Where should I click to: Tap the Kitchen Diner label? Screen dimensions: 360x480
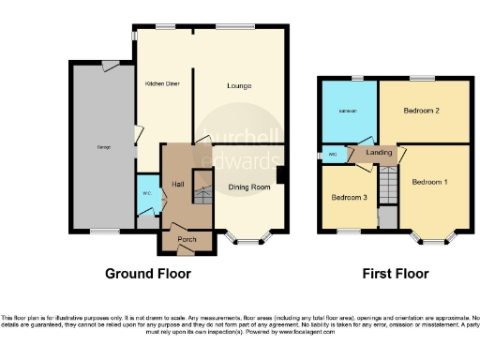(161, 83)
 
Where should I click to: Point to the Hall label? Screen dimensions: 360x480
(176, 184)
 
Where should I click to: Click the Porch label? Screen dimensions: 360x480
(185, 239)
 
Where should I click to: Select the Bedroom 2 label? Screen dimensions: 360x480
(422, 111)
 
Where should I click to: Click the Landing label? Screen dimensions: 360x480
(379, 152)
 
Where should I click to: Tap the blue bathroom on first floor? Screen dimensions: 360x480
(348, 112)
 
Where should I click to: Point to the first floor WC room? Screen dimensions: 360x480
(333, 155)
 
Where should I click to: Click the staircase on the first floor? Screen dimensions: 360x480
(387, 183)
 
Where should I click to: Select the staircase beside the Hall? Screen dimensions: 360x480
(200, 187)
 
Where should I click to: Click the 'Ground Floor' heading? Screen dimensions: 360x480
(148, 274)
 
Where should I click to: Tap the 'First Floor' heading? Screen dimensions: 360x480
(395, 274)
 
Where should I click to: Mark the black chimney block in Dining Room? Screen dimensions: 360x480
(279, 175)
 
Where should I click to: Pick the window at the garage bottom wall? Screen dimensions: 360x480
(104, 231)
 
